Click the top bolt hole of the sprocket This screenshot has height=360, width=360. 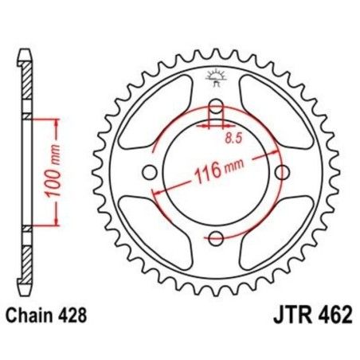215,108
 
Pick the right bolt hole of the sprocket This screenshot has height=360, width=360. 279,173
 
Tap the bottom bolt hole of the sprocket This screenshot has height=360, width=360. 215,237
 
